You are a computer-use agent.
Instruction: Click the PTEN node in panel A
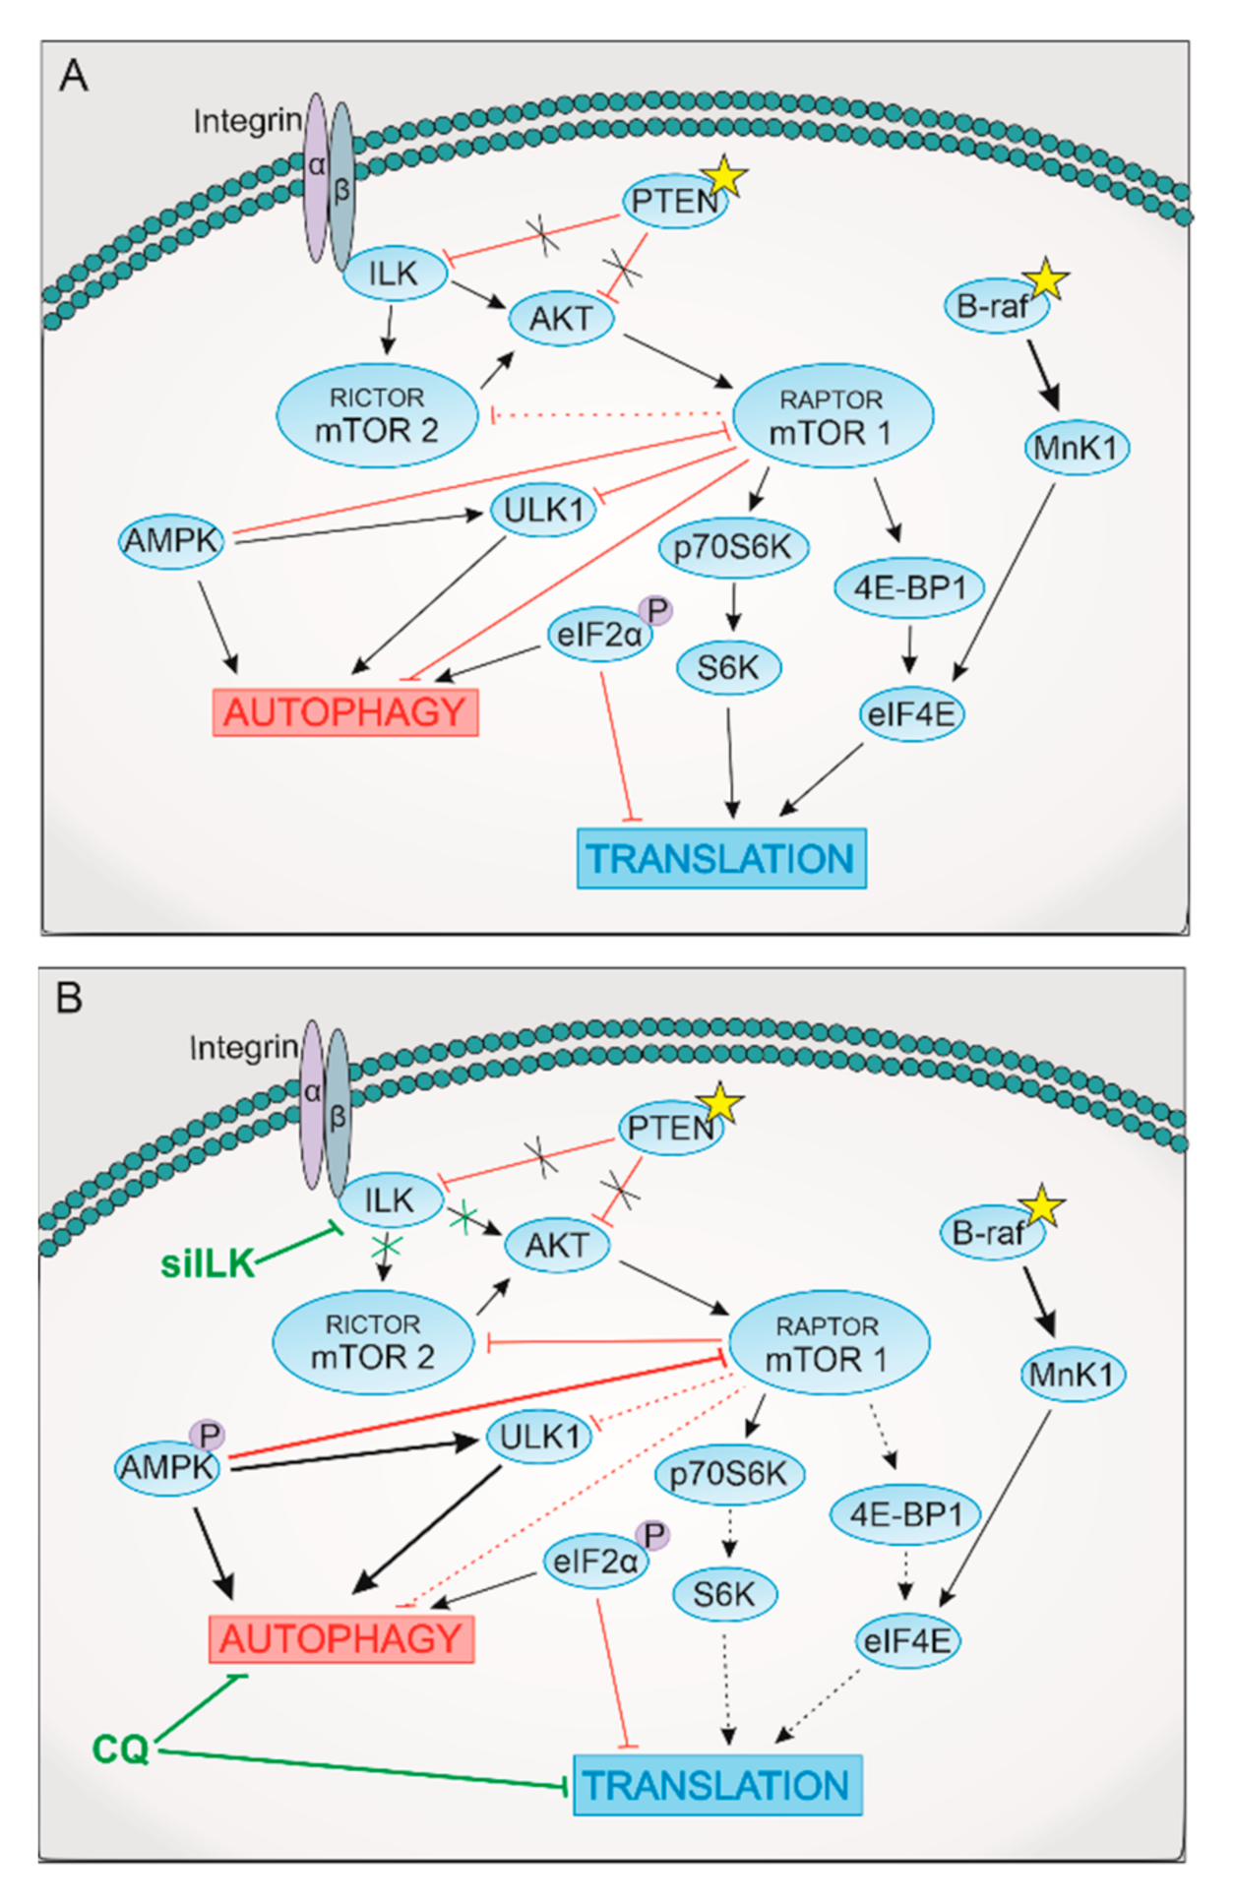coord(675,202)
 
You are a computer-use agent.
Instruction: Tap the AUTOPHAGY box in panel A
coord(345,712)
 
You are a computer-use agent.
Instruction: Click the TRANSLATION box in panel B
coord(717,1785)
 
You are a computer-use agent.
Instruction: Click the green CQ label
coord(120,1750)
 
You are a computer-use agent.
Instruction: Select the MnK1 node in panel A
coord(1077,449)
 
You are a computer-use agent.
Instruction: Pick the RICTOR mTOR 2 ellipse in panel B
coord(373,1342)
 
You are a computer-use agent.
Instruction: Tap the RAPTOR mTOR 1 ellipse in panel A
coord(833,415)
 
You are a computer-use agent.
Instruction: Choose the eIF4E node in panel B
coord(907,1641)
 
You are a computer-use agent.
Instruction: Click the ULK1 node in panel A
coord(543,510)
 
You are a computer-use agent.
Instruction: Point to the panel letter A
coord(74,76)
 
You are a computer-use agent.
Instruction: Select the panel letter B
coord(69,999)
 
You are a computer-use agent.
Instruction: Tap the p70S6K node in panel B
coord(729,1474)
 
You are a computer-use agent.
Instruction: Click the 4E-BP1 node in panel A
coord(910,588)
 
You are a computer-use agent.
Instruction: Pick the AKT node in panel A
coord(561,319)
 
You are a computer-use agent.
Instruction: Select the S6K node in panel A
coord(728,668)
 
